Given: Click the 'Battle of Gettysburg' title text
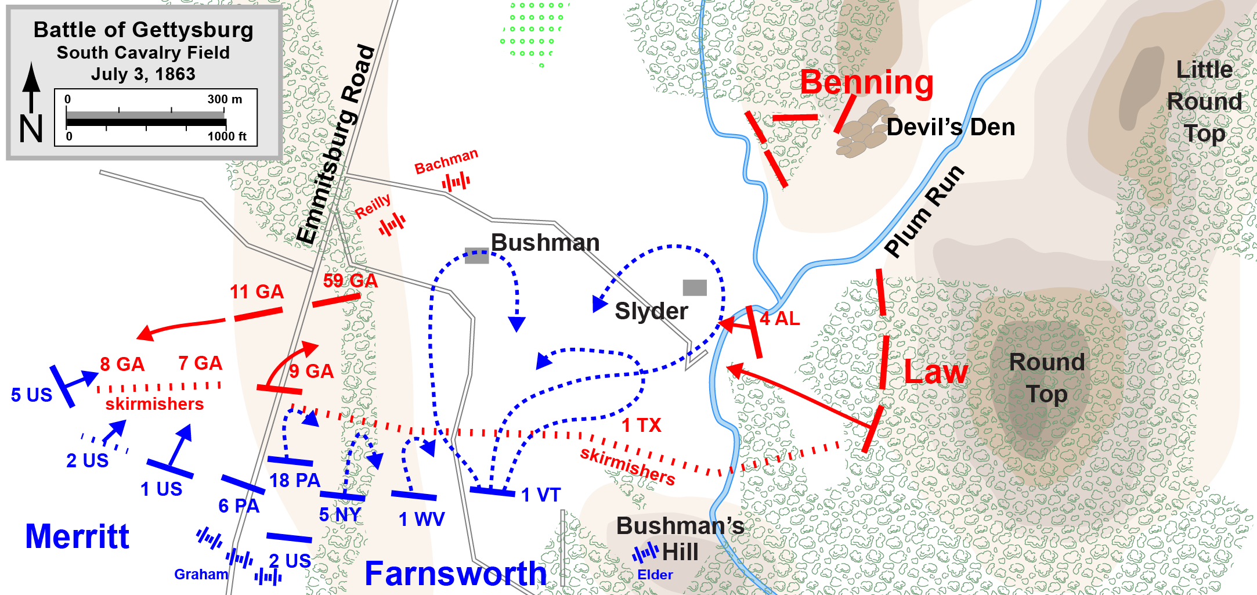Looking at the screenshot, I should [143, 30].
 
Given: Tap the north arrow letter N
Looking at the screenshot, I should [31, 128].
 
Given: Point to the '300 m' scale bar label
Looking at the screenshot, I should [225, 99].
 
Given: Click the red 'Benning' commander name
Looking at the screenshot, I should [866, 82].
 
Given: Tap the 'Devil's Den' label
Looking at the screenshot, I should [951, 127].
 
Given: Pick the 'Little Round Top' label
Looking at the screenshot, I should [1204, 102].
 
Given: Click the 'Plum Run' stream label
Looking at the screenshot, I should [924, 211].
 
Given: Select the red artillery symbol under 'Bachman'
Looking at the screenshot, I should [456, 183].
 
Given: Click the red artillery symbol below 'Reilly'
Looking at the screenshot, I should [392, 225].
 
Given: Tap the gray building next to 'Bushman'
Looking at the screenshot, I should [476, 255].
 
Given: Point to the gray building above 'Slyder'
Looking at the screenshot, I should [695, 287].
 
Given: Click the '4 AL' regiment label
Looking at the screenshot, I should [779, 319].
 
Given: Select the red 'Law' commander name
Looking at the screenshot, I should [935, 372].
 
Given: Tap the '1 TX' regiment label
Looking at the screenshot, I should [641, 425].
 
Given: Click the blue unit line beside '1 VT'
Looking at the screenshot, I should [492, 492].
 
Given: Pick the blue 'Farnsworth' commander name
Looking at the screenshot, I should [456, 574].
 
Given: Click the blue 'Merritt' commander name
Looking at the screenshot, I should [77, 536].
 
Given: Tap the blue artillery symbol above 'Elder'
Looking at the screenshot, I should [645, 553].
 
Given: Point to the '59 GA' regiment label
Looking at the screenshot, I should [350, 281].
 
